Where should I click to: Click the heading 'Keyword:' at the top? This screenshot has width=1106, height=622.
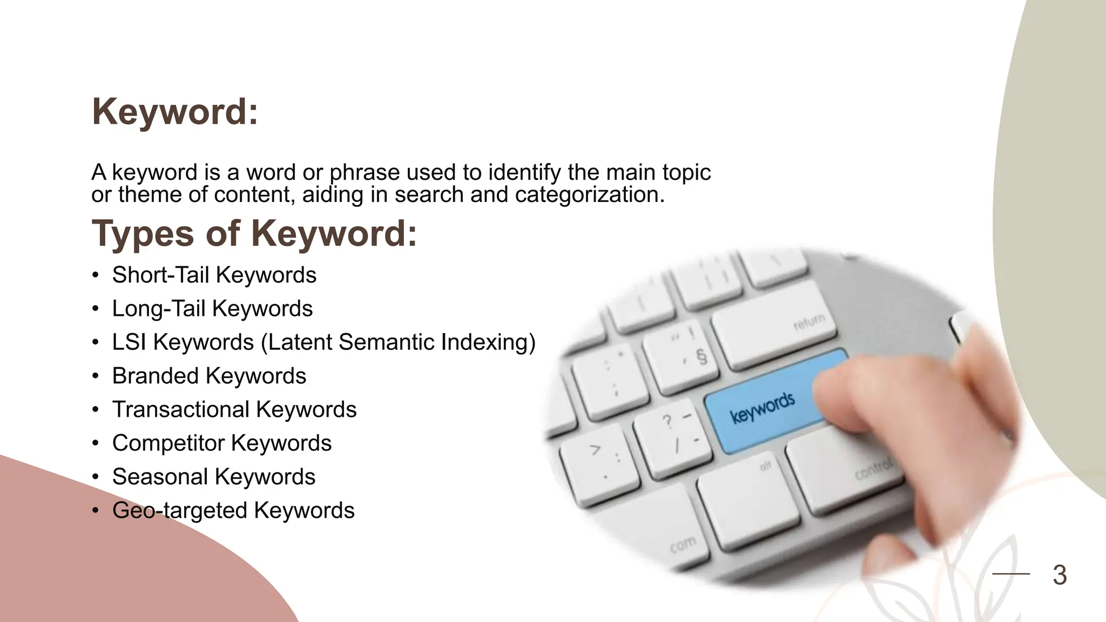tap(175, 112)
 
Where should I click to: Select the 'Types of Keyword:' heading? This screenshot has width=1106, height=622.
tap(254, 233)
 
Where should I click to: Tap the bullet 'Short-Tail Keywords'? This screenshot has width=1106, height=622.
tap(214, 275)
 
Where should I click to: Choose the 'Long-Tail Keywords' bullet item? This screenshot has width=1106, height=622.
tap(212, 309)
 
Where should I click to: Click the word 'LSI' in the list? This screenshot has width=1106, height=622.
tap(129, 342)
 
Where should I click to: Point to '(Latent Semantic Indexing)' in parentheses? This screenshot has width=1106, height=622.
tap(398, 342)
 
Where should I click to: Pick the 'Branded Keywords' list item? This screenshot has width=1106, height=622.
tap(209, 376)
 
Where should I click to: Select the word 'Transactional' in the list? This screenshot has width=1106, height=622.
tap(180, 409)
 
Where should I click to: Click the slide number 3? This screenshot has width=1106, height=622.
tap(1060, 575)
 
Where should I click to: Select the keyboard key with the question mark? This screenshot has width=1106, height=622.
tap(670, 437)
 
